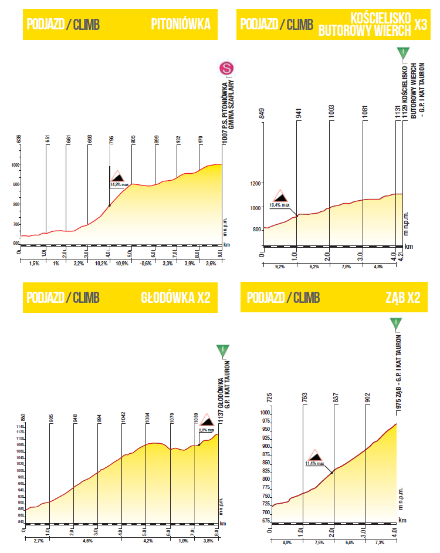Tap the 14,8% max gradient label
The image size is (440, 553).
pos(119,184)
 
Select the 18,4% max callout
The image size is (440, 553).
pos(279,205)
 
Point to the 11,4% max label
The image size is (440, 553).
pos(314,463)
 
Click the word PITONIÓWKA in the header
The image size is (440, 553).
pos(180,24)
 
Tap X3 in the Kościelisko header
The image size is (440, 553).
pos(420,24)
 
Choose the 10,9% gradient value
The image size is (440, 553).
pos(122,264)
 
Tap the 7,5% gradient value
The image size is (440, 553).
pos(318,542)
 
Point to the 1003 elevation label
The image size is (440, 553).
pos(331,113)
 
